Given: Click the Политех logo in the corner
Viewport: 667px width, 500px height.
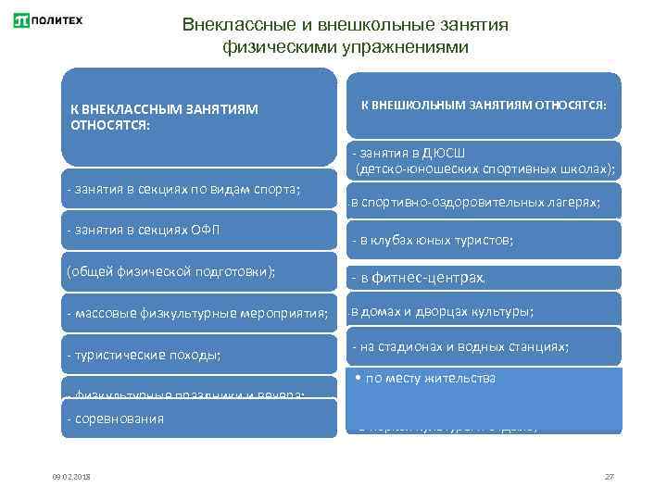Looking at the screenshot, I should pos(48,20).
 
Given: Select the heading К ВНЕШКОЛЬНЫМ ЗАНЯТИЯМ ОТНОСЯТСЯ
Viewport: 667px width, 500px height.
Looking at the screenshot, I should pos(483,106).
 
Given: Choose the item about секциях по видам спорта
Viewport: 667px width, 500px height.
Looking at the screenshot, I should pos(184,190).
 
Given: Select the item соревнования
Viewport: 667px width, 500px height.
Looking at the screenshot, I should pos(116,419).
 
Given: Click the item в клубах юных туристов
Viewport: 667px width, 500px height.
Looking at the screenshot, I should pos(433,241).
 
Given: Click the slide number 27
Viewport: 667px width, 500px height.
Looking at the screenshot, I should pos(610,476).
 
